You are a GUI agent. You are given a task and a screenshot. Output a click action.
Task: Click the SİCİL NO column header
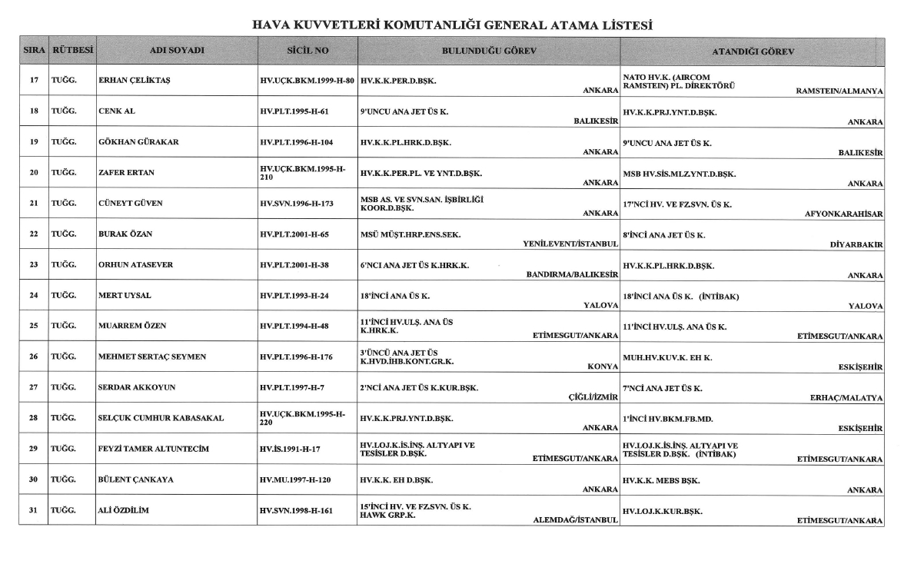pyautogui.click(x=307, y=51)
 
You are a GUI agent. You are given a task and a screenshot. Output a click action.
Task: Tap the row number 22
pyautogui.click(x=34, y=234)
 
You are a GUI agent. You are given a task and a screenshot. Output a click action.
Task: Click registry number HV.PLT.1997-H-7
pyautogui.click(x=294, y=387)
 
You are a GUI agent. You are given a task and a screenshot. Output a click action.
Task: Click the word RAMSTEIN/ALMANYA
pyautogui.click(x=839, y=91)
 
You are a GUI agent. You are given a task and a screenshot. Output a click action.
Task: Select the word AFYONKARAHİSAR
pyautogui.click(x=844, y=214)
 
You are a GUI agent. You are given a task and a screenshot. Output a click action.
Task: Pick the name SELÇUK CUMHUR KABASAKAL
pyautogui.click(x=161, y=418)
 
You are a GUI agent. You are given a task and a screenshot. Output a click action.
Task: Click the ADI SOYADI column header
pyautogui.click(x=177, y=51)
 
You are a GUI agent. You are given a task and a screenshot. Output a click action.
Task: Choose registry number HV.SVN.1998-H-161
pyautogui.click(x=297, y=510)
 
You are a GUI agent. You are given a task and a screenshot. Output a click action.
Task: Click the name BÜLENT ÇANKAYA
pyautogui.click(x=135, y=479)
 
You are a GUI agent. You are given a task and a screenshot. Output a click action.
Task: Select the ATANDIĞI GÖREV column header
pyautogui.click(x=753, y=51)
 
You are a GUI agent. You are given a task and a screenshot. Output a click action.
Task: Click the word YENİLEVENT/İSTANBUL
pyautogui.click(x=571, y=244)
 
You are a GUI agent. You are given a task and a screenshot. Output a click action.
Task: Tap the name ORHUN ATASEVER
pyautogui.click(x=135, y=264)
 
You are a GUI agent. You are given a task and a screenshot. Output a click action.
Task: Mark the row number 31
pyautogui.click(x=34, y=510)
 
